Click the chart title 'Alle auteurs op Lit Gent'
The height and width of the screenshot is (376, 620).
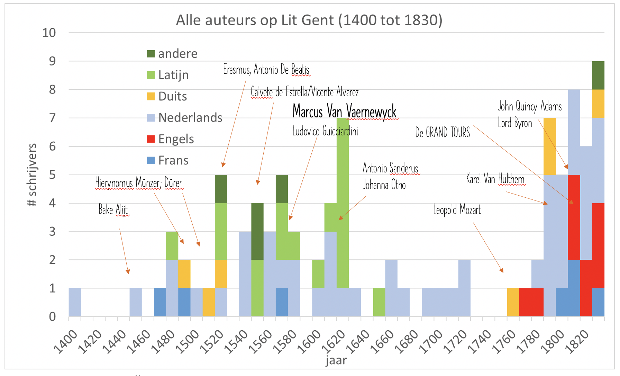pos(309,20)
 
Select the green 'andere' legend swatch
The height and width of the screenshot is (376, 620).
pos(151,54)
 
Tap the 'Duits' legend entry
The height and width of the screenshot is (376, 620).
pos(172,96)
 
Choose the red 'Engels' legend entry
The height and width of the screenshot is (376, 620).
pos(176,139)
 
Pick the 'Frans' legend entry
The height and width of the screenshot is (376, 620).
pos(173,161)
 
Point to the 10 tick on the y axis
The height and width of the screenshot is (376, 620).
pos(49,33)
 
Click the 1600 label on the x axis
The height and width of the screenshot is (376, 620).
pos(309,341)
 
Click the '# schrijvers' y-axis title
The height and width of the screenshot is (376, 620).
pos(32,175)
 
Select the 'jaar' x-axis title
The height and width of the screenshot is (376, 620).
pos(336,360)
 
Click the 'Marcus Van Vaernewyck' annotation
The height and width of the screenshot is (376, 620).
pos(345,111)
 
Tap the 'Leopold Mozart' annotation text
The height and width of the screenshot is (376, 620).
pos(457,209)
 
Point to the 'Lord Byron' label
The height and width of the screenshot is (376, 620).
pos(515,123)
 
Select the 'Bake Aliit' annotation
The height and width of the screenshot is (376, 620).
pos(113,209)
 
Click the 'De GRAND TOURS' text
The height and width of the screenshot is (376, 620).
pos(443,132)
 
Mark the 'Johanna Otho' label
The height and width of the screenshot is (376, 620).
pos(384,185)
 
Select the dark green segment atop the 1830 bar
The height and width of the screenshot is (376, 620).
pos(598,75)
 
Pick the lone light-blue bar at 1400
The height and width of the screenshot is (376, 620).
pos(75,302)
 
